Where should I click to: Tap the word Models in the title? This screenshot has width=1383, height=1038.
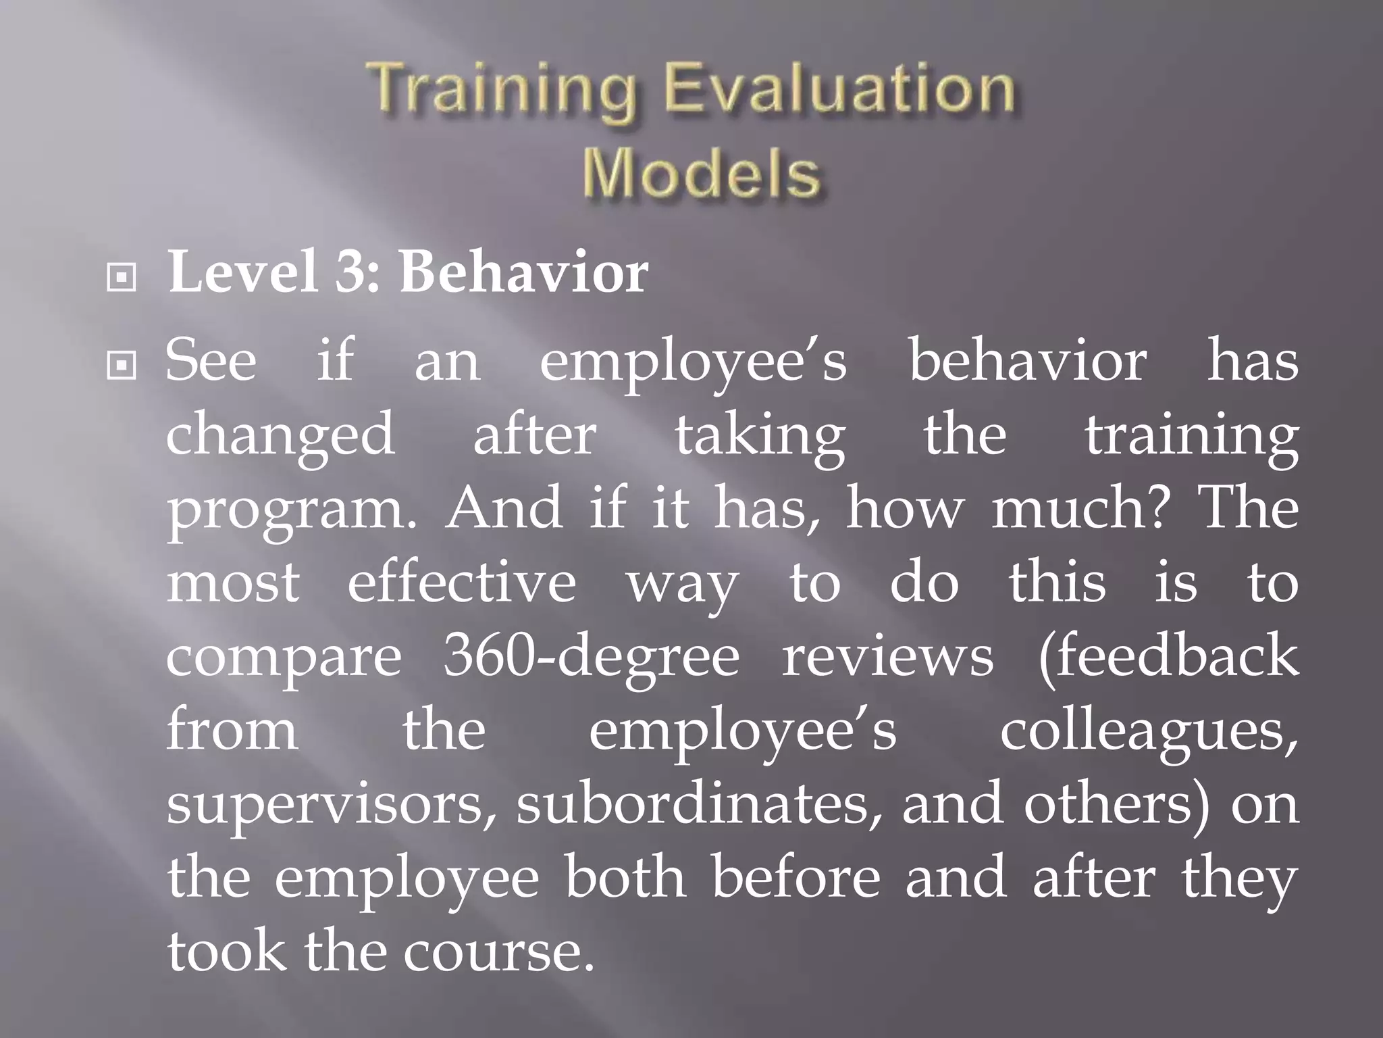tap(702, 174)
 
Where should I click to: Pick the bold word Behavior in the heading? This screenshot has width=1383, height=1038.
tap(523, 273)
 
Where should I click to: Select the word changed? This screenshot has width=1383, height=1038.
tap(280, 437)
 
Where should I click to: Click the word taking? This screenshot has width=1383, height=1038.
tap(760, 437)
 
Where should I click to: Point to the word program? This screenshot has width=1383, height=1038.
tap(290, 511)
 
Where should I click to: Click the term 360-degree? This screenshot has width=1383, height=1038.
tap(592, 658)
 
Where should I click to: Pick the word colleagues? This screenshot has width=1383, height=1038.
tap(1148, 733)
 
